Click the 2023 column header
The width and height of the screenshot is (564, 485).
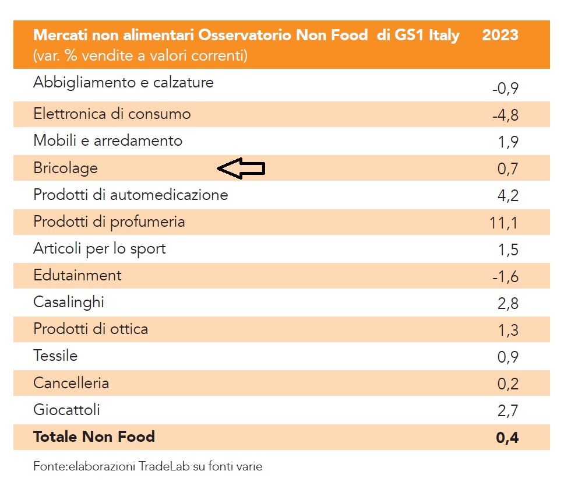[x=500, y=35]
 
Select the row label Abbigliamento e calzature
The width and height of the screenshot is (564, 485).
[x=124, y=82]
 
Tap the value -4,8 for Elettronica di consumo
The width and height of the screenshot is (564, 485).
[x=505, y=115]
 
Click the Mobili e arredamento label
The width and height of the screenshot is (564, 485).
[x=108, y=140]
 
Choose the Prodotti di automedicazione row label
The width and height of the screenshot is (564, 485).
[x=131, y=195]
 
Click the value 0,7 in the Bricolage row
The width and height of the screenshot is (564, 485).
[x=507, y=169]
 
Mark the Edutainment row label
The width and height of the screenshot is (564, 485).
[x=77, y=275]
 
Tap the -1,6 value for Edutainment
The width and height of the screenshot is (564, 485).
[x=505, y=276]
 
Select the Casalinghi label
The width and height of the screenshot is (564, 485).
[x=69, y=302]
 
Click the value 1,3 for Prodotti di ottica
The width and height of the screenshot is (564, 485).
[x=507, y=331]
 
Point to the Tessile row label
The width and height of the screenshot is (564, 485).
[x=55, y=356]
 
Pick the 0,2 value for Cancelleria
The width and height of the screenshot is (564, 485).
[x=507, y=384]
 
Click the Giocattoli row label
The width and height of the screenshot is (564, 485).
[x=66, y=410]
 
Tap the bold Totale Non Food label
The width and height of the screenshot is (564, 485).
[x=94, y=437]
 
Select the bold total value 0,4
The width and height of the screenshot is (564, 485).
[x=507, y=438]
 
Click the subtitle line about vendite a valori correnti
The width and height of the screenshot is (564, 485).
[x=140, y=56]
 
